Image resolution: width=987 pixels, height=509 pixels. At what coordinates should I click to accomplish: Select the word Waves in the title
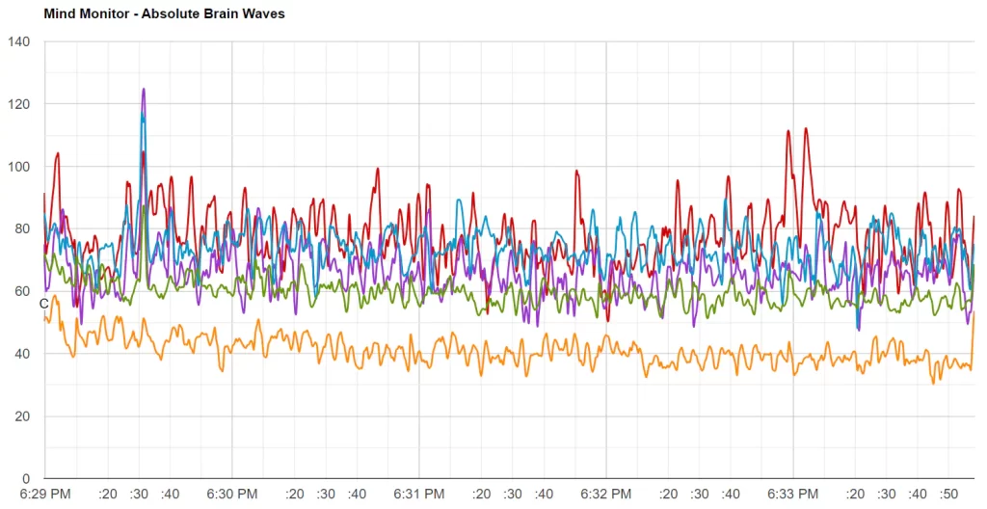[x=265, y=14]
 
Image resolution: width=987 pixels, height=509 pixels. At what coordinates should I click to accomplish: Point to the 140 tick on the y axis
[x=19, y=41]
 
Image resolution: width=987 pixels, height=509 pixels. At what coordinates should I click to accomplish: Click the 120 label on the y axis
[x=19, y=104]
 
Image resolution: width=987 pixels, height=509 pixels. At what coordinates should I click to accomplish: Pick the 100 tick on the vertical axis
[x=19, y=167]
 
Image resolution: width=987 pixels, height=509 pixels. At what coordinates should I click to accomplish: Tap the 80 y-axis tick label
[x=22, y=229]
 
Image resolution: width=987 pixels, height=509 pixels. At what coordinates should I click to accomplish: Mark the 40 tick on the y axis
[x=22, y=354]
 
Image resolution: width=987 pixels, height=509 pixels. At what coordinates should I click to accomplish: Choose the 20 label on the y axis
[x=22, y=416]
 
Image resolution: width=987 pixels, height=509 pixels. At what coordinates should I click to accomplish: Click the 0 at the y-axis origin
[x=26, y=479]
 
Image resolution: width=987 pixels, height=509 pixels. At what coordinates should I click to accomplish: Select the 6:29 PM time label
[x=45, y=495]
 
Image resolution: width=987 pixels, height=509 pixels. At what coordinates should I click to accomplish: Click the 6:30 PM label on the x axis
[x=232, y=495]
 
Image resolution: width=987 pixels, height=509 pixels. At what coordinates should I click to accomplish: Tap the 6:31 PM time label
[x=419, y=495]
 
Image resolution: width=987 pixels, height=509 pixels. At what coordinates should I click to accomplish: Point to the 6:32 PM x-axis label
[x=606, y=495]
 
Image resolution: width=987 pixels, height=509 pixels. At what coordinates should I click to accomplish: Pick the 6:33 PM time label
[x=793, y=495]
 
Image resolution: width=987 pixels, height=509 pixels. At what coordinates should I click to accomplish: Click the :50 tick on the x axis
[x=947, y=495]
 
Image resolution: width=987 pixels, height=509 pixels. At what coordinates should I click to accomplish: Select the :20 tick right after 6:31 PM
[x=481, y=495]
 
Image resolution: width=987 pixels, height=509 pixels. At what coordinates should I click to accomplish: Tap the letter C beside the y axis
[x=43, y=304]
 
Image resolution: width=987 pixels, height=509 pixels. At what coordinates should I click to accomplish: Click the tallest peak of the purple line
[x=144, y=90]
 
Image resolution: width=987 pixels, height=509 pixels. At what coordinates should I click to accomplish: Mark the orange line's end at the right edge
[x=974, y=312]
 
